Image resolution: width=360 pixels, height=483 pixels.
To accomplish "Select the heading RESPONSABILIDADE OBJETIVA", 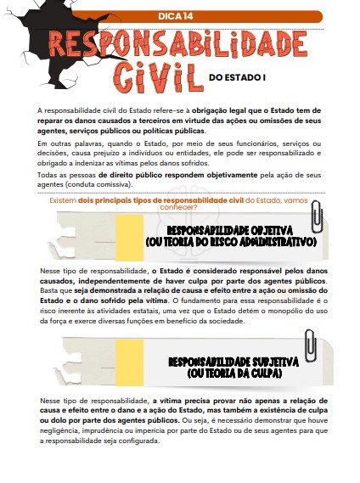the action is tap(230, 230).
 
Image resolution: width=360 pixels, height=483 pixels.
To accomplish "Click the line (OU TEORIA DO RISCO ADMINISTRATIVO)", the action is tap(231, 243).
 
